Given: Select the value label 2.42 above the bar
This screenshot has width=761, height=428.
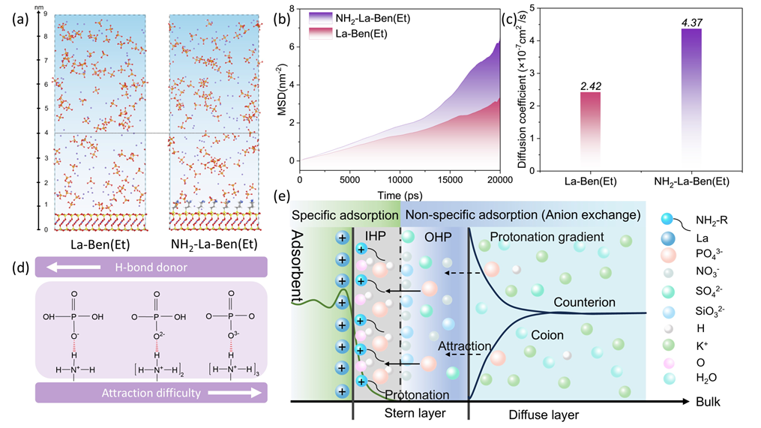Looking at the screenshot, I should pyautogui.click(x=589, y=86).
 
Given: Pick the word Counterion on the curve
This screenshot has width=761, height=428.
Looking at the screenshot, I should pyautogui.click(x=585, y=302).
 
